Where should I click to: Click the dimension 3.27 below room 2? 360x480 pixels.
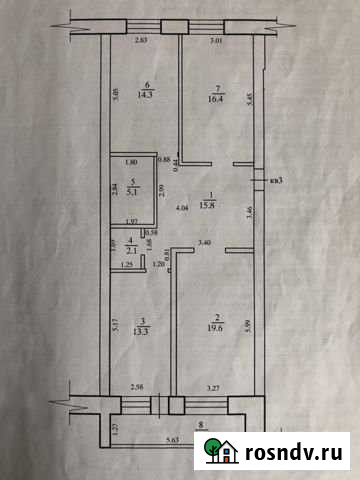tap(212, 385)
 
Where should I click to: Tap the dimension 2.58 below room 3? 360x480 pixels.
tap(138, 385)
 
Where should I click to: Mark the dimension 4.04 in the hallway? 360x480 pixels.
tap(182, 208)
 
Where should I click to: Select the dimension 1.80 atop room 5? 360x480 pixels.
tap(130, 162)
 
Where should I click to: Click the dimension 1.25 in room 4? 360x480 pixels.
tap(126, 265)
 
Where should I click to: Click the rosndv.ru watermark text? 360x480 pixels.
tap(295, 452)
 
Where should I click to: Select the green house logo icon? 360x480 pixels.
tap(226, 452)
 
